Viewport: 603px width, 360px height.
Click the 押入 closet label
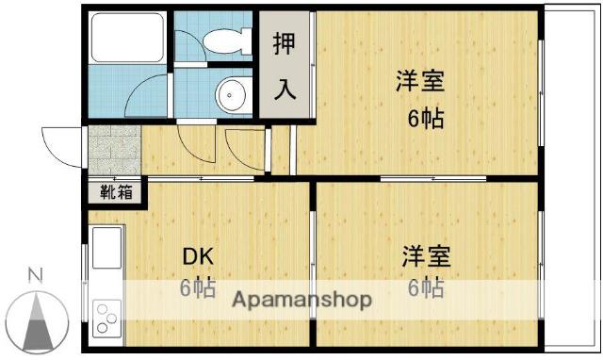(285, 65)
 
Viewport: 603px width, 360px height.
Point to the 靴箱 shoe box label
(118, 193)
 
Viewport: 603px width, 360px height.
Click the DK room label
(198, 255)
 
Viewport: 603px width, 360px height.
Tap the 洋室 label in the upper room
(419, 82)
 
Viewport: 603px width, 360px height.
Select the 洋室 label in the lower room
(426, 255)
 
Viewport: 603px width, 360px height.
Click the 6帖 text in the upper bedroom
(425, 119)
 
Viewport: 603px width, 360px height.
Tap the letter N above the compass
(35, 276)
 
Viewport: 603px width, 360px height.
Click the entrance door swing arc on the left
(59, 144)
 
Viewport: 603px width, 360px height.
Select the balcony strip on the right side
(570, 179)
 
